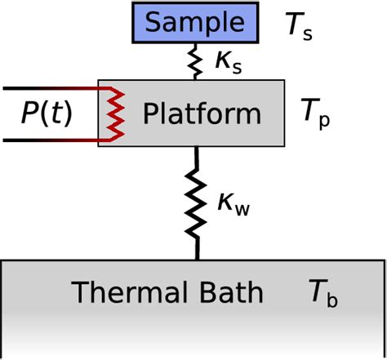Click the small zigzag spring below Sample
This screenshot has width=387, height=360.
point(196,61)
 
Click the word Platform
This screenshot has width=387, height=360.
point(202,113)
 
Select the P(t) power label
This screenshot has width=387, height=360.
point(46,114)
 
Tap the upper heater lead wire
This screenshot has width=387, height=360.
point(49,87)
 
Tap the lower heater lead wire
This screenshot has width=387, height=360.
point(49,140)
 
